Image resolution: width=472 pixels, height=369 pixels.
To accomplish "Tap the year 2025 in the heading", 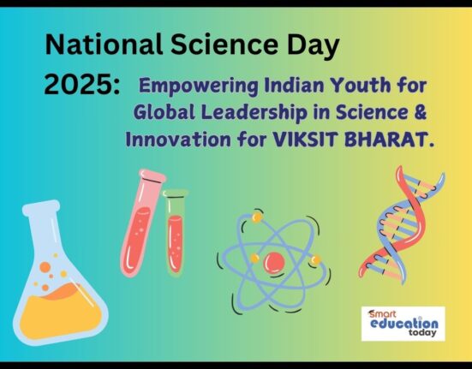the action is [78, 85].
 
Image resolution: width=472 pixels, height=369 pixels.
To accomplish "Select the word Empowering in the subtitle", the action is [199, 86].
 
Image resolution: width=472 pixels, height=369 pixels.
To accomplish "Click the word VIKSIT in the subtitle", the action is [304, 140].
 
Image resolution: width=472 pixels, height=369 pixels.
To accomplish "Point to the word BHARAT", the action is [385, 140].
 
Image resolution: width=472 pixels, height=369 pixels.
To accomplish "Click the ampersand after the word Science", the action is [421, 112].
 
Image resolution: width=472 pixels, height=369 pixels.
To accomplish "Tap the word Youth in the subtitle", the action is [360, 85].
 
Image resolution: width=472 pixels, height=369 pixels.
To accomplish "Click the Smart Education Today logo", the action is [403, 324].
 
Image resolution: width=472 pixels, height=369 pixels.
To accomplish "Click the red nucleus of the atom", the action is [274, 262].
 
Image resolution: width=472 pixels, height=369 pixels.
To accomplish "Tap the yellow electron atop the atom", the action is [257, 217].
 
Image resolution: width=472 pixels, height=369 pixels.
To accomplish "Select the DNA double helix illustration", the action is [401, 225].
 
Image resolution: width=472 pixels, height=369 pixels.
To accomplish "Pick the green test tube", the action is [176, 232].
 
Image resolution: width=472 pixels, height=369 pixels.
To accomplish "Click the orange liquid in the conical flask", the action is [60, 312].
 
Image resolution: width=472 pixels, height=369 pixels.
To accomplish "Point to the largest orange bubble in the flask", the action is [45, 267].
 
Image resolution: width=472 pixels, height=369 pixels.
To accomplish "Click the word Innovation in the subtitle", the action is [178, 140].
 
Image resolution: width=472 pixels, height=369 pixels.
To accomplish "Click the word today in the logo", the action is [422, 332].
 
